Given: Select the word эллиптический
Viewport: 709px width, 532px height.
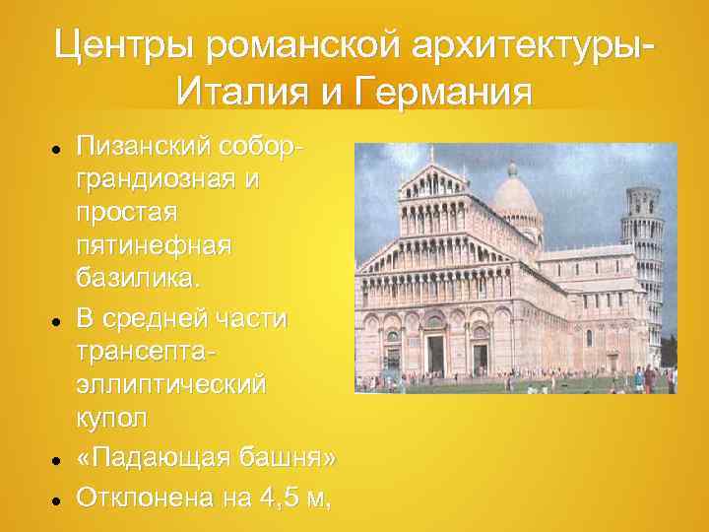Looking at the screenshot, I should pos(169,385).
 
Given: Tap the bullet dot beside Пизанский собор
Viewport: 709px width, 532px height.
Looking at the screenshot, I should pos(58,147).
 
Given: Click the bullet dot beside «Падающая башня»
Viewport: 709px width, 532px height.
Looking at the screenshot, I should pos(58,459).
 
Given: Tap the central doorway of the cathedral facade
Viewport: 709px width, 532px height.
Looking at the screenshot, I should pos(435,351).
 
